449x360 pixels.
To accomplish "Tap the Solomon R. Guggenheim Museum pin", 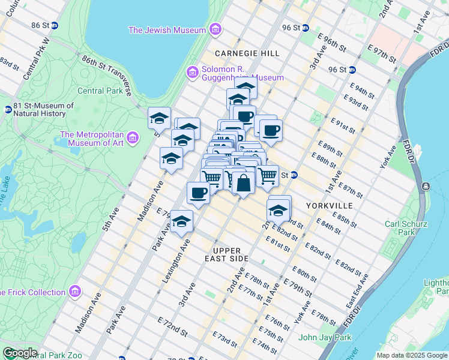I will (x=193, y=72).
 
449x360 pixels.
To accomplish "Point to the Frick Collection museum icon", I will (x=75, y=292).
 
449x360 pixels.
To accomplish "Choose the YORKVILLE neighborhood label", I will (x=330, y=205).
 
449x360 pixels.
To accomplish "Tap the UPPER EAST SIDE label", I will (x=226, y=254).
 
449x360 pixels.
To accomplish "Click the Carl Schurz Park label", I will (x=406, y=227).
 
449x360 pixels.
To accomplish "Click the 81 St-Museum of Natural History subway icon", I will (x=8, y=110).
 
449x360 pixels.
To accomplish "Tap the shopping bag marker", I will (x=243, y=182).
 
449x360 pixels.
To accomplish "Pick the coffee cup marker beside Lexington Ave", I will (x=198, y=193).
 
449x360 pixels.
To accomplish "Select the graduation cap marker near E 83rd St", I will (x=279, y=211).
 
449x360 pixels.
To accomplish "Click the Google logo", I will (x=19, y=353).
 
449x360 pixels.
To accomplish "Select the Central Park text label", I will (x=100, y=91).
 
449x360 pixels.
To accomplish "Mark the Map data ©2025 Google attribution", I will (x=411, y=355).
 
